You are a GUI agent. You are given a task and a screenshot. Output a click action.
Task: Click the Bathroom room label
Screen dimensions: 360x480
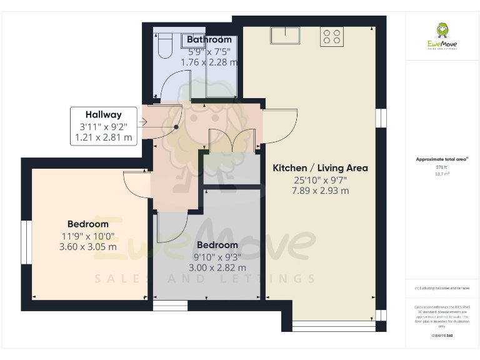tap(209, 39)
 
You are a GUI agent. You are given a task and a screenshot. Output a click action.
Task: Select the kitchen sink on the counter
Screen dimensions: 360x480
tap(285, 35)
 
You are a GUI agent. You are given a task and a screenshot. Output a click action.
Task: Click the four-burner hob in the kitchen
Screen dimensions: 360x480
tap(331, 37)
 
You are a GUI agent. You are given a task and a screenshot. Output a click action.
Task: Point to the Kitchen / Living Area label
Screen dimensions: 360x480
tap(320, 167)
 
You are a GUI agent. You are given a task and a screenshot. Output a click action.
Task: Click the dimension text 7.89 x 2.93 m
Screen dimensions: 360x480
tap(320, 191)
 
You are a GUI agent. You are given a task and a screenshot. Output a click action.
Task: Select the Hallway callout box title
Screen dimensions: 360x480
tap(104, 114)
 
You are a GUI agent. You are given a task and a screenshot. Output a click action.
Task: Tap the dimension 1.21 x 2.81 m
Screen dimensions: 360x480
tap(104, 137)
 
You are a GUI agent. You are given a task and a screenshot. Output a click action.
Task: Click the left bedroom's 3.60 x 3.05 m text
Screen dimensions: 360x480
tap(88, 246)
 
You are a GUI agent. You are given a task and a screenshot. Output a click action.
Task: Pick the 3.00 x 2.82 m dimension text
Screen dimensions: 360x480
tap(217, 267)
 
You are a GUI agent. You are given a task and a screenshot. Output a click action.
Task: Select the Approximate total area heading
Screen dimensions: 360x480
tap(442, 159)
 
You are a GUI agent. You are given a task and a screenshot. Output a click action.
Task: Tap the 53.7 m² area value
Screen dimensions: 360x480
tap(442, 174)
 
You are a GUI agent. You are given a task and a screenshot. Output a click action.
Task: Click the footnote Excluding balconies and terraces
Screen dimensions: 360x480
tap(442, 288)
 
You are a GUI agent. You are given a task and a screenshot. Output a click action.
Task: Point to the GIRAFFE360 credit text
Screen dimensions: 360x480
tap(442, 336)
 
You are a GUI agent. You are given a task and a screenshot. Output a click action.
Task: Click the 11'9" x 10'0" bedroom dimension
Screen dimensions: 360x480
tap(88, 236)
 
